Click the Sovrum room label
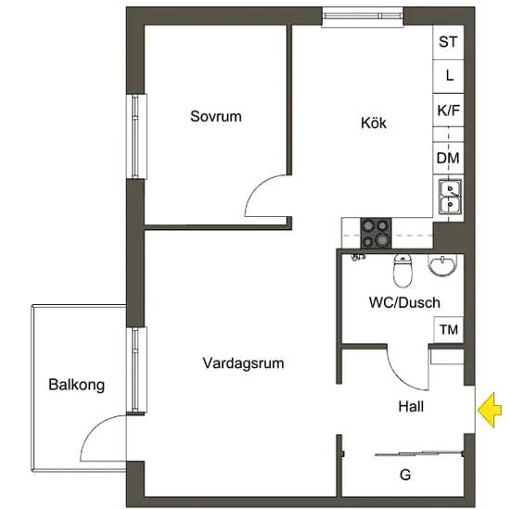216,117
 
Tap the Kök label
374,122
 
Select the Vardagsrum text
243,363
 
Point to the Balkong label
76,385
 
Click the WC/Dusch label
404,302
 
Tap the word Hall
411,406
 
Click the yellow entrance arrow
490,410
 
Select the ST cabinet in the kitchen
448,43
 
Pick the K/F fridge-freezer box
448,110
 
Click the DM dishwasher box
448,158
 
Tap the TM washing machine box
449,329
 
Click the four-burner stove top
376,233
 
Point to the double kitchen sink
450,197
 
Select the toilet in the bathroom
403,271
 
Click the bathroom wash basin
442,265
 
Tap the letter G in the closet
405,475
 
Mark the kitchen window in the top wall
363,17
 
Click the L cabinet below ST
448,77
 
